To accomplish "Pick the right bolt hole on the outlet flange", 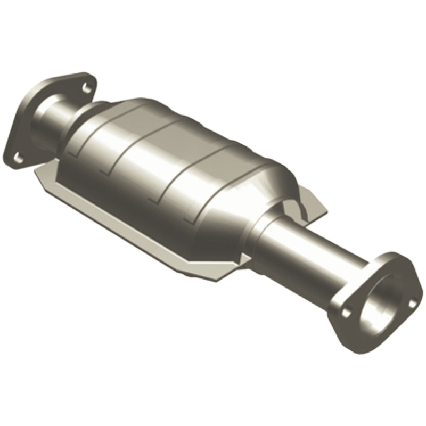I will click(x=411, y=303).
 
